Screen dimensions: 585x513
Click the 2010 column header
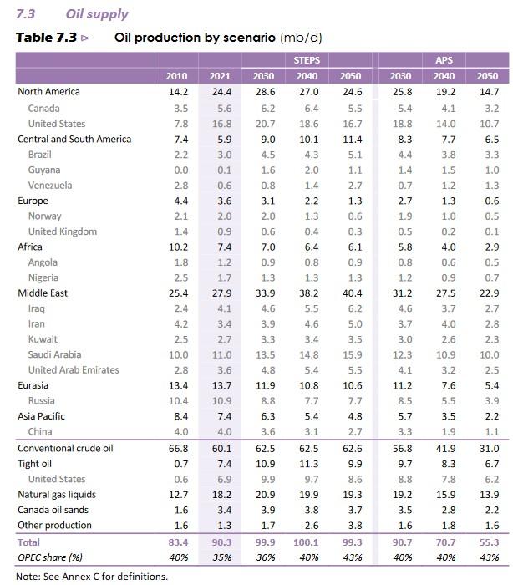(x=176, y=77)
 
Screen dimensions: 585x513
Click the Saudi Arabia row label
(x=54, y=354)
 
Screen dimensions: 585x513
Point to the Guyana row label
(x=43, y=170)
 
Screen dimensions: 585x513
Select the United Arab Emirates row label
(x=74, y=370)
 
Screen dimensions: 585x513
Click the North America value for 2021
(x=221, y=92)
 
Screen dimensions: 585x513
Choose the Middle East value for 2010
(x=176, y=293)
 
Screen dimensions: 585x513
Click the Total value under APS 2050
(x=488, y=542)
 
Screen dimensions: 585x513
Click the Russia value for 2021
(x=221, y=401)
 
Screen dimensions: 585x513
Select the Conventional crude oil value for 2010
(x=176, y=448)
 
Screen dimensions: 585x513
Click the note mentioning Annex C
(x=92, y=576)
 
